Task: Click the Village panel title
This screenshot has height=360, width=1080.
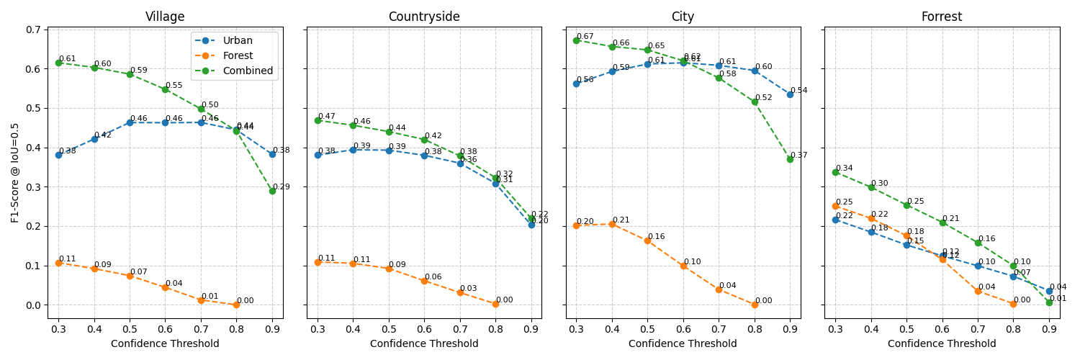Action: pyautogui.click(x=165, y=17)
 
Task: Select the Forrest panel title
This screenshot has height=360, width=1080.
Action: pyautogui.click(x=941, y=17)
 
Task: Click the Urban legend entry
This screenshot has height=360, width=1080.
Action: pyautogui.click(x=238, y=41)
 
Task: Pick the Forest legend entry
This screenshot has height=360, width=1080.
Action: pyautogui.click(x=238, y=56)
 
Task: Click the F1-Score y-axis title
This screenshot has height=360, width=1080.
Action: pyautogui.click(x=16, y=172)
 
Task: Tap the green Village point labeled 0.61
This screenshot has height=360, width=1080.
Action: pyautogui.click(x=58, y=63)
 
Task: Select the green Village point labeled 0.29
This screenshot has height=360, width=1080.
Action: pyautogui.click(x=272, y=191)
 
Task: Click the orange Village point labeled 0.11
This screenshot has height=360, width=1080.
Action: pyautogui.click(x=58, y=263)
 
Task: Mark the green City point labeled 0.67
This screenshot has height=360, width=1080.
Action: pyautogui.click(x=576, y=40)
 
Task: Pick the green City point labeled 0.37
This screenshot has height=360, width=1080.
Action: pyautogui.click(x=790, y=159)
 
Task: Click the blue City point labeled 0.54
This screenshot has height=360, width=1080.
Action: pyautogui.click(x=790, y=94)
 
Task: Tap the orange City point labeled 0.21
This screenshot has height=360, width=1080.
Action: pyautogui.click(x=612, y=224)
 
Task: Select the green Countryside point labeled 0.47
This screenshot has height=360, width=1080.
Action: pyautogui.click(x=318, y=120)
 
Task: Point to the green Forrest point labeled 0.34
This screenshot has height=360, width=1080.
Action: pyautogui.click(x=835, y=172)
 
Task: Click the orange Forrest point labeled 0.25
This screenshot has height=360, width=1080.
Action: pyautogui.click(x=835, y=206)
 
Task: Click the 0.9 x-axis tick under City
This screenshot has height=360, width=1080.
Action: pyautogui.click(x=790, y=329)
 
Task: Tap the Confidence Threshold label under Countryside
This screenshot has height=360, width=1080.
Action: pyautogui.click(x=424, y=344)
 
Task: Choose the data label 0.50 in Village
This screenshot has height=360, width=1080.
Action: pyautogui.click(x=210, y=105)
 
